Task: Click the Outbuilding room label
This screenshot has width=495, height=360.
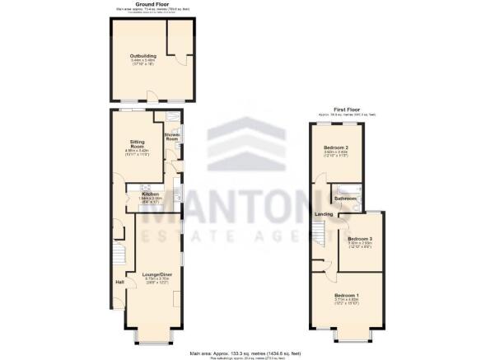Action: pyautogui.click(x=138, y=56)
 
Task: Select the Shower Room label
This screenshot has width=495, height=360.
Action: pyautogui.click(x=171, y=138)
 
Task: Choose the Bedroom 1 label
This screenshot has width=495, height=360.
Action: pyautogui.click(x=346, y=294)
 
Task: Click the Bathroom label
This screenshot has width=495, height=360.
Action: pyautogui.click(x=345, y=199)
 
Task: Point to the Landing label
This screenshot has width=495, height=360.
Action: pyautogui.click(x=322, y=216)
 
